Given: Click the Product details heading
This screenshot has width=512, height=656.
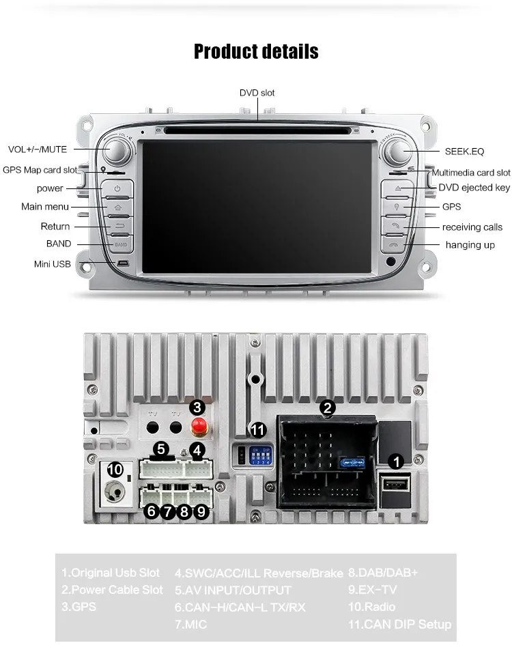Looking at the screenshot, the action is click(x=256, y=51).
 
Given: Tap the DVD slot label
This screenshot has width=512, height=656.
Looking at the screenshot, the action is click(x=257, y=93).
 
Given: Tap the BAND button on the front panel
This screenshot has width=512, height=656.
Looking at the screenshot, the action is click(x=119, y=244).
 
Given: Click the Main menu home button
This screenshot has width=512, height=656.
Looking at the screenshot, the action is click(x=118, y=207).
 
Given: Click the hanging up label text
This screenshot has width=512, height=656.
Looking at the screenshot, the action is click(x=470, y=245).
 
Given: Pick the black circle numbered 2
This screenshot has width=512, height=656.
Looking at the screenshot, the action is click(x=328, y=408).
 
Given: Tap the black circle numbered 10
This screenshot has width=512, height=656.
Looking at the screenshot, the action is click(x=115, y=470).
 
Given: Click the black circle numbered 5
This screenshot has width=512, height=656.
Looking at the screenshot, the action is click(x=160, y=449).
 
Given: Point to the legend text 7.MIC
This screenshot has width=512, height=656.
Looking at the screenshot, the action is click(x=191, y=624).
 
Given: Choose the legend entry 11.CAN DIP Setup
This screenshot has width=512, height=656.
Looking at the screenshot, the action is click(x=400, y=624).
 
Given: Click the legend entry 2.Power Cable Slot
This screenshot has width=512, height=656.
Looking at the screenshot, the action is click(x=113, y=589).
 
